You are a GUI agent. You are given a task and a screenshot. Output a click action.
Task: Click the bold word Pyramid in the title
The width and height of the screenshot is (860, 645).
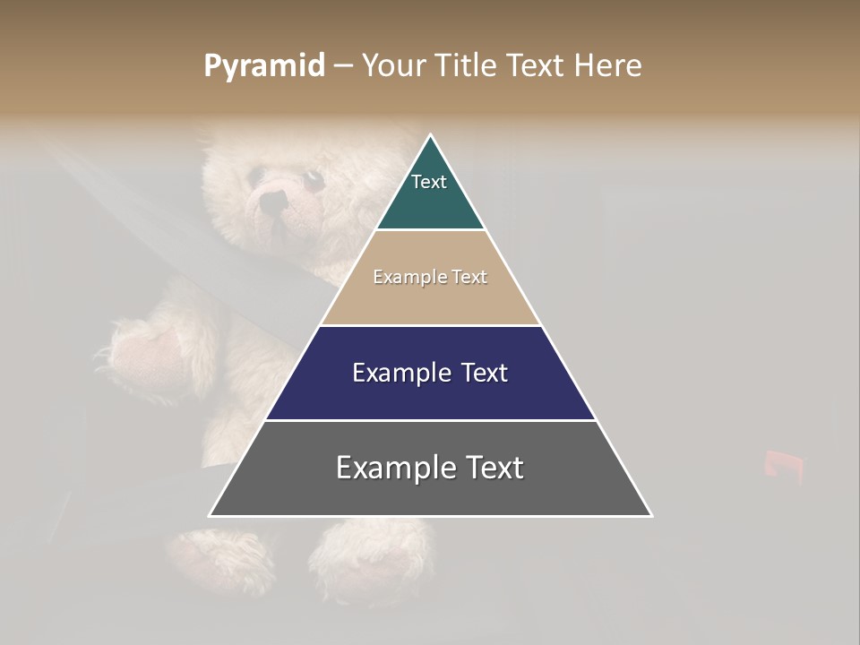[264, 65]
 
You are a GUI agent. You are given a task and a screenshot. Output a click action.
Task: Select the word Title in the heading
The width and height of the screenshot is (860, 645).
[470, 65]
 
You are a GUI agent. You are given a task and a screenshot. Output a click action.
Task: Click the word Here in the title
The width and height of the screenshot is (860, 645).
[606, 65]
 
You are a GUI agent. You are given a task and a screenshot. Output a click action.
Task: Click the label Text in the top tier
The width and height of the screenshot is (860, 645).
[429, 182]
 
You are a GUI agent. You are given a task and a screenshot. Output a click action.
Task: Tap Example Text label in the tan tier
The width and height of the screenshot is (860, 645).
[430, 277]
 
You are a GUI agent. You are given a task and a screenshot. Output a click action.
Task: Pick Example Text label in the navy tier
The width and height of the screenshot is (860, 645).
[430, 373]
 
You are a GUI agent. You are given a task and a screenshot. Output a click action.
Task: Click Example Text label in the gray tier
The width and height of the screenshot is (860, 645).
[430, 468]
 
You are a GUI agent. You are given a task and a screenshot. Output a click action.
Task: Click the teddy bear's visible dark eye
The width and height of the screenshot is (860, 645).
[314, 180]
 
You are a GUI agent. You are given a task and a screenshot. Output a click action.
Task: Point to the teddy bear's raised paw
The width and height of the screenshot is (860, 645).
[143, 354]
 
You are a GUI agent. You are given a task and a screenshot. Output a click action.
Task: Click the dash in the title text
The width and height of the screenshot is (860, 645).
[342, 65]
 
